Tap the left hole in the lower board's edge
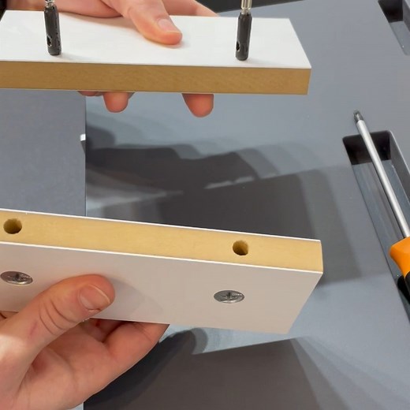pyautogui.click(x=13, y=226)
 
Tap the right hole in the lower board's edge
pyautogui.click(x=240, y=248)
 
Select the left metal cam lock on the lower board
pyautogui.click(x=17, y=278)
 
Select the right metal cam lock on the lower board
pyautogui.click(x=229, y=296)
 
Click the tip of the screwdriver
pyautogui.click(x=358, y=116)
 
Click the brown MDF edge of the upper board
pyautogui.click(x=158, y=76)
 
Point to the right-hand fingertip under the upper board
pyautogui.click(x=199, y=104)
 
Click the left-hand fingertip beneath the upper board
pyautogui.click(x=117, y=101)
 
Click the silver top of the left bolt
pyautogui.click(x=50, y=5)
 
